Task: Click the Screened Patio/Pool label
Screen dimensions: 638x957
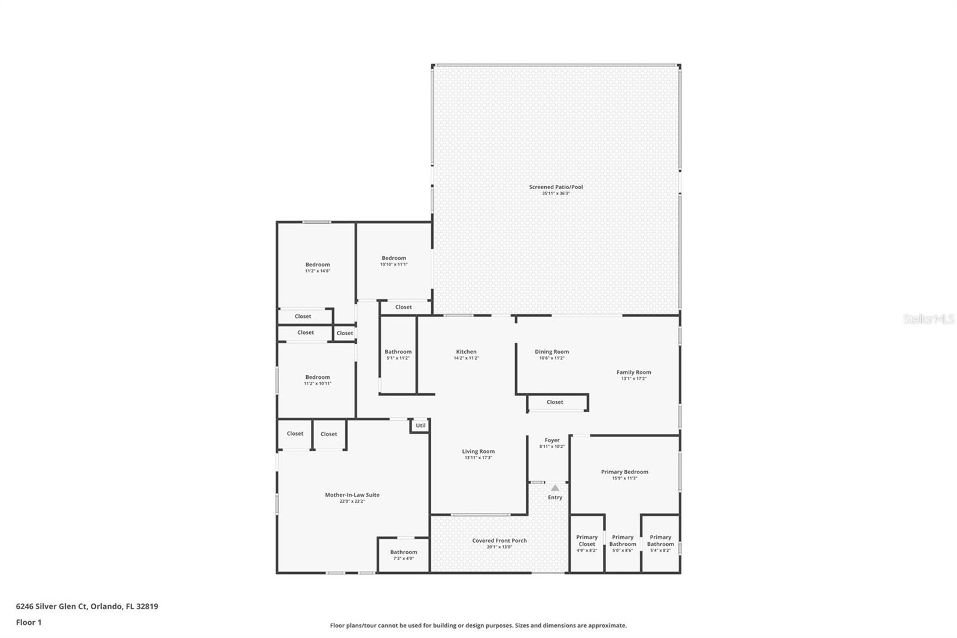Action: pyautogui.click(x=556, y=187)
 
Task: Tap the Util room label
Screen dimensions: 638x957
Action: pyautogui.click(x=420, y=426)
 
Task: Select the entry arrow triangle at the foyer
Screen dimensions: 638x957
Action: pyautogui.click(x=555, y=488)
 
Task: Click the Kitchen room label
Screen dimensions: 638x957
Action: pyautogui.click(x=466, y=352)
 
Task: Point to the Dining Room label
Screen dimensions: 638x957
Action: pyautogui.click(x=551, y=352)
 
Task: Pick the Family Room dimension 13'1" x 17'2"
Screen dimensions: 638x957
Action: pyautogui.click(x=633, y=379)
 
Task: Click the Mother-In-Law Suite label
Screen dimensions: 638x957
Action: pyautogui.click(x=352, y=495)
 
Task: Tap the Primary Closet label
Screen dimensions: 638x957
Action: pyautogui.click(x=587, y=540)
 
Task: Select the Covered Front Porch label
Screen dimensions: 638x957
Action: pyautogui.click(x=499, y=540)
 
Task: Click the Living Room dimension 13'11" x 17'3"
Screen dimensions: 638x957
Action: pyautogui.click(x=478, y=458)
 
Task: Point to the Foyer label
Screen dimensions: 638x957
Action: pyautogui.click(x=551, y=440)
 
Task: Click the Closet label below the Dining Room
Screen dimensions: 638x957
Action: pyautogui.click(x=554, y=402)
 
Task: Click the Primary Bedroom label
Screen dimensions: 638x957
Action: pyautogui.click(x=624, y=472)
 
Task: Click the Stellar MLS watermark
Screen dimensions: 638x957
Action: pyautogui.click(x=928, y=320)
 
